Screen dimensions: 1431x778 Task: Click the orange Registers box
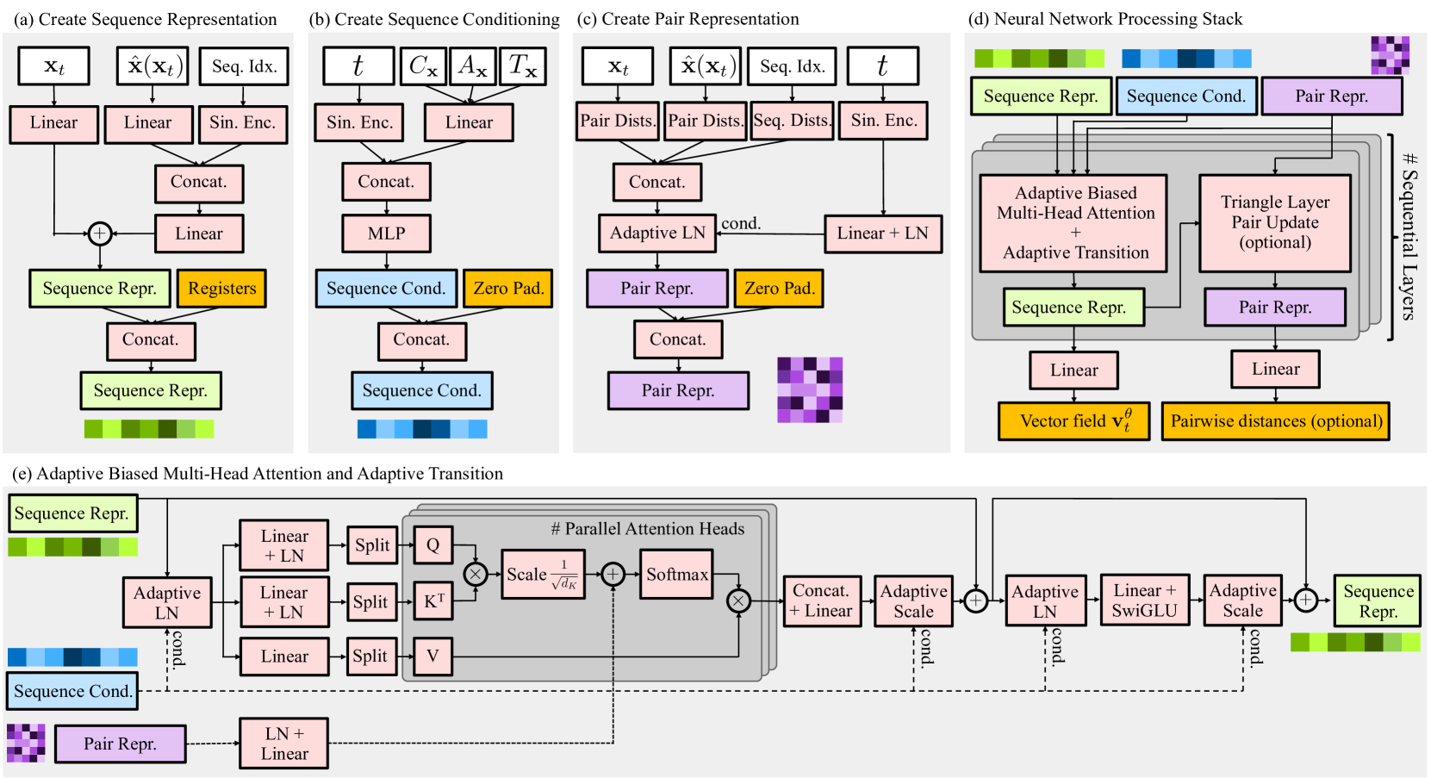point(221,288)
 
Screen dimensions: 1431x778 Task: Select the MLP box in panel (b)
point(387,233)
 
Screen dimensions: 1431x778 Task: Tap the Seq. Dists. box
point(792,121)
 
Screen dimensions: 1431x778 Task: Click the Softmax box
point(676,574)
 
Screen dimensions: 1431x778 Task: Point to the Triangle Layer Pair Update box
point(1275,223)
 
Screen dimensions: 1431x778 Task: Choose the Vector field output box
point(1073,421)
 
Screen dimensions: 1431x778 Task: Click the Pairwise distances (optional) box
point(1276,421)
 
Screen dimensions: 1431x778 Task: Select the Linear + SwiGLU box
point(1145,601)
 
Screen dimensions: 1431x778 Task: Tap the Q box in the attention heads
point(433,545)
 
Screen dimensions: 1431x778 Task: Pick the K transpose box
point(433,601)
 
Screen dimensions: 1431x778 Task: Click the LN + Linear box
point(284,744)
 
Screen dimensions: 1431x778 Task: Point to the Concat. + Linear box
point(821,601)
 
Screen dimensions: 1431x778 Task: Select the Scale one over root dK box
point(543,574)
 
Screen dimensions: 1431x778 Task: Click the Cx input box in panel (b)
point(424,65)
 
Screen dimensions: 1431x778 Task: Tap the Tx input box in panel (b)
point(523,65)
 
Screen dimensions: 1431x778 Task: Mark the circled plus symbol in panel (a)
point(100,233)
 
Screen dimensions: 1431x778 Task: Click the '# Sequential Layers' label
point(1409,236)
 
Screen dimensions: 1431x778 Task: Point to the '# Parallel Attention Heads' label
point(648,529)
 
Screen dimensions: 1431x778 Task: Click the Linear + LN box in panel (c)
point(883,233)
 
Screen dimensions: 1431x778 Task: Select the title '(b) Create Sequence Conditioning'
point(434,19)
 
